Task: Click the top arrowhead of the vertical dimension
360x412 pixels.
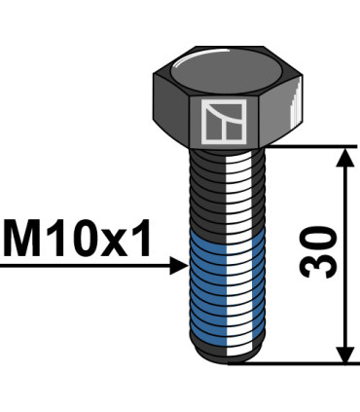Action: tap(342, 157)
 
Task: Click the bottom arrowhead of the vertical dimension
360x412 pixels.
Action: tap(342, 353)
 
